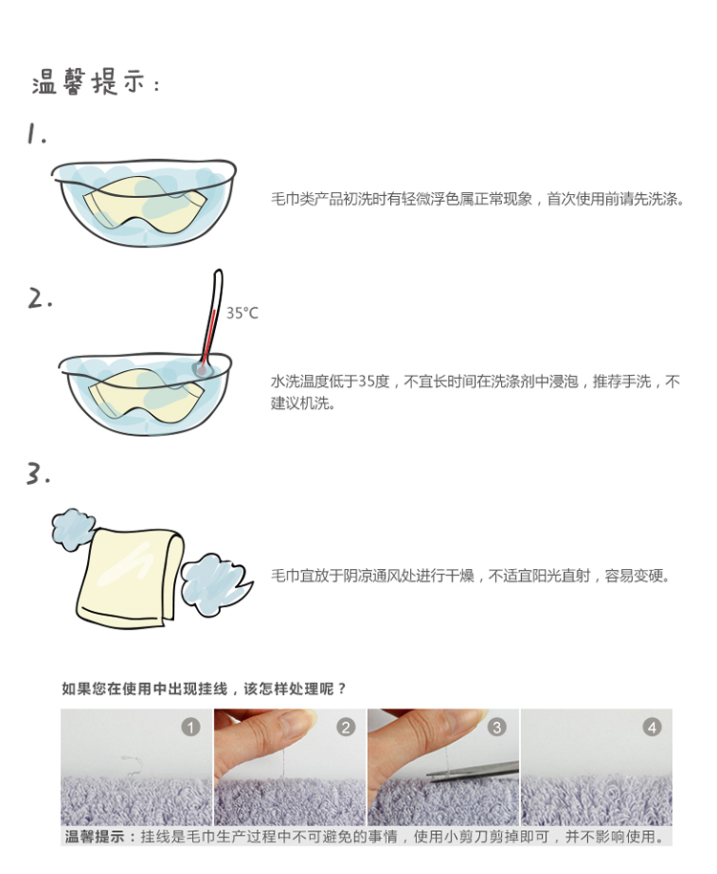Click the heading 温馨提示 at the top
pos(89,82)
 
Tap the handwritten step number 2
pos(40,298)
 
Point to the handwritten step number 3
pos(38,473)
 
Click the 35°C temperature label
pos(242,314)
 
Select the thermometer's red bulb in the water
pos(201,369)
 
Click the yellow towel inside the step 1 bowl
pos(145,205)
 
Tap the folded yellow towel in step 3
pos(130,578)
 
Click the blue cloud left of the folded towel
pos(73,529)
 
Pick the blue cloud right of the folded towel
pos(214,584)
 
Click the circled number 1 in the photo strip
pos(190,728)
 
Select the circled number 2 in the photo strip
pos(345,728)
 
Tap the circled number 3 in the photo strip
pos(497,727)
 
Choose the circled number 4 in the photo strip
pos(652,727)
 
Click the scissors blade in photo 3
pos(473,772)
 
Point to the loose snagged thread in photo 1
pos(132,765)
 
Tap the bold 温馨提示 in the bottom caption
pos(95,837)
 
